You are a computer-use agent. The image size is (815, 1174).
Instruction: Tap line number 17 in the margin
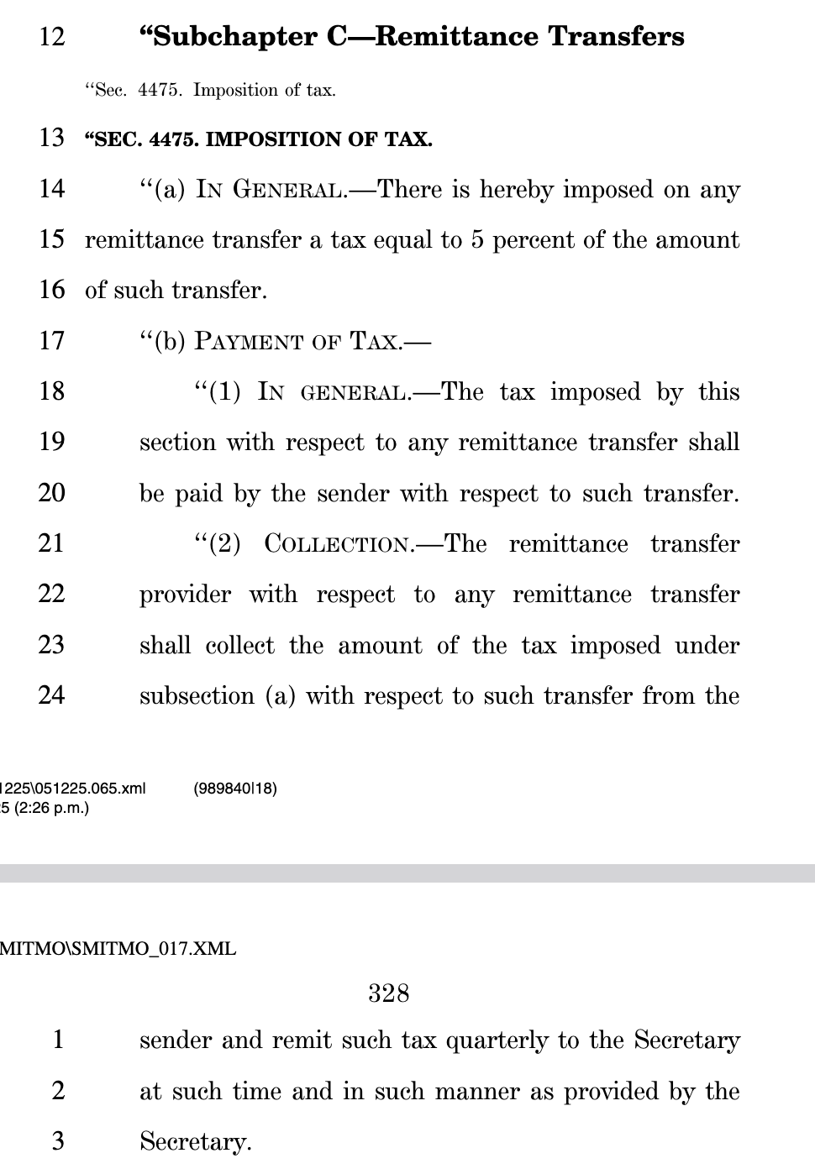click(51, 340)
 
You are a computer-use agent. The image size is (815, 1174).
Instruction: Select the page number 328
click(388, 993)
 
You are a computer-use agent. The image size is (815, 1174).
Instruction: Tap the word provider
click(185, 595)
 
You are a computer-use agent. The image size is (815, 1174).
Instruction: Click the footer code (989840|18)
click(235, 788)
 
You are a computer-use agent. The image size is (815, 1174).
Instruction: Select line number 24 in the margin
click(51, 694)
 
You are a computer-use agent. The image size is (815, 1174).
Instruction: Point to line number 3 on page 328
click(57, 1140)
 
